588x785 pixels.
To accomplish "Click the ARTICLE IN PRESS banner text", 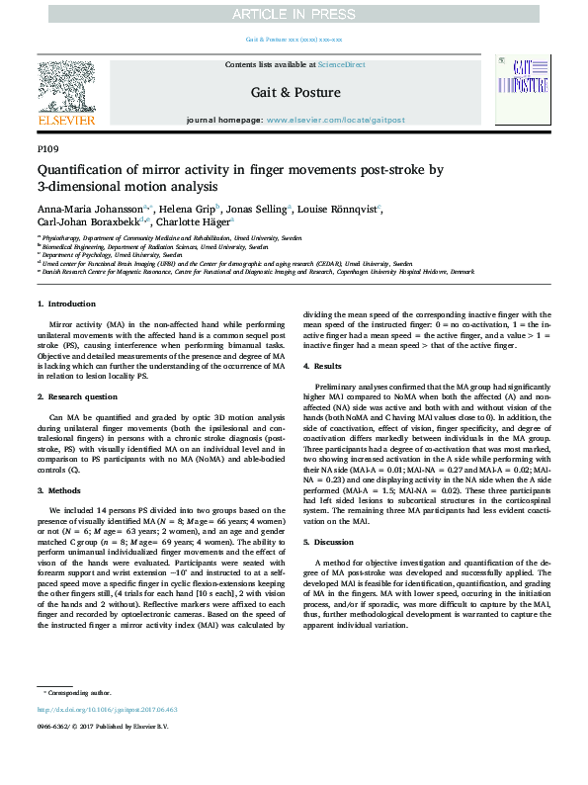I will pyautogui.click(x=293, y=14).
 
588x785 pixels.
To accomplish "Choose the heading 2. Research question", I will pyautogui.click(x=80, y=396).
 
